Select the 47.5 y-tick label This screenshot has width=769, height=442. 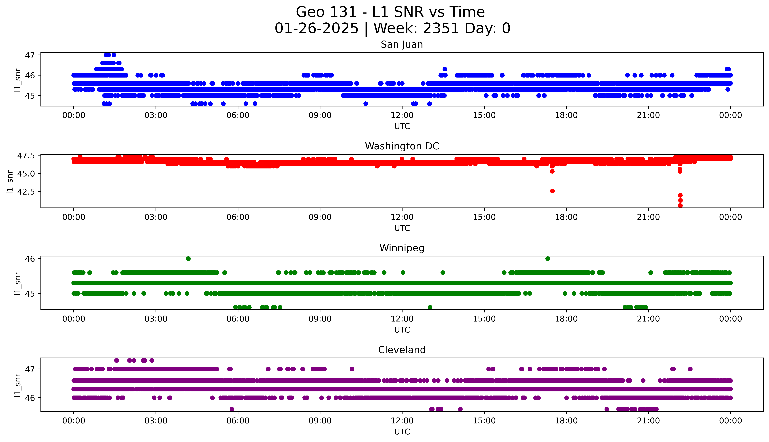click(x=25, y=156)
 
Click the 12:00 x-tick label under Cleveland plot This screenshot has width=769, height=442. click(x=402, y=421)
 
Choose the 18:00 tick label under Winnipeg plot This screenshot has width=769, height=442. click(x=566, y=319)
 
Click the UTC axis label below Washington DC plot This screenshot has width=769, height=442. click(x=402, y=228)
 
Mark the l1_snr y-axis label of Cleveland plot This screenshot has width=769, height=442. click(x=18, y=385)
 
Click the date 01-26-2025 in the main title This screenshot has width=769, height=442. click(x=316, y=29)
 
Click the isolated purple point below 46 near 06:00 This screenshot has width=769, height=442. click(x=232, y=409)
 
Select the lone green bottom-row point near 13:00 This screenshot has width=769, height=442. click(x=430, y=307)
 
